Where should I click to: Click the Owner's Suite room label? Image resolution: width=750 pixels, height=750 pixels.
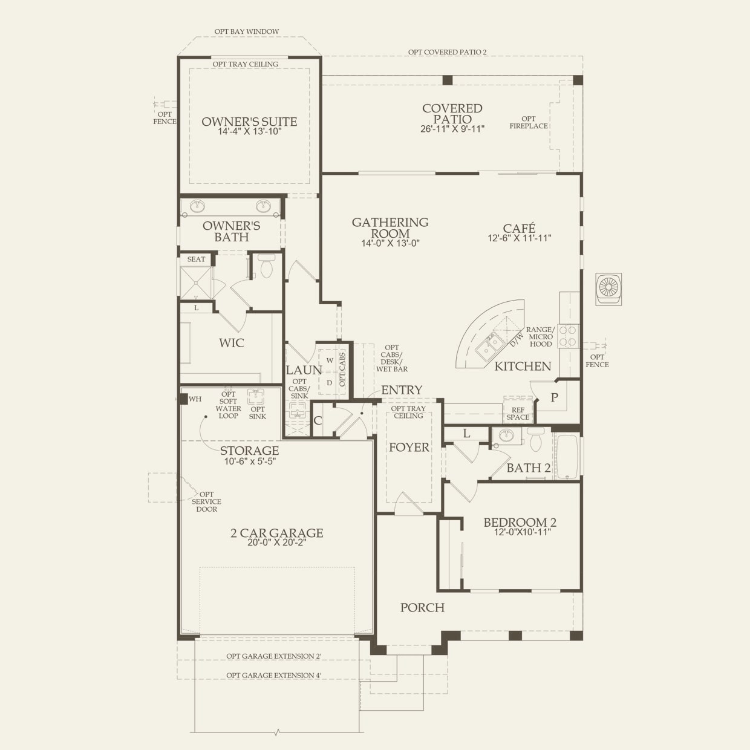(x=249, y=122)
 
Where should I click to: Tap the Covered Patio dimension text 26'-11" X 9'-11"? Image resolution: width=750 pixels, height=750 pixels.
(x=452, y=129)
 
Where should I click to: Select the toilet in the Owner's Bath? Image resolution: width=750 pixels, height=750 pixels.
(x=266, y=267)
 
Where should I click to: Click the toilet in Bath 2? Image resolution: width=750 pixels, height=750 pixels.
(x=536, y=440)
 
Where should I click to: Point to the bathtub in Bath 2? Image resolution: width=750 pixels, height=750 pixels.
(x=568, y=456)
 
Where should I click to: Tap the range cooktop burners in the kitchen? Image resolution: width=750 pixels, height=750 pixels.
(x=568, y=336)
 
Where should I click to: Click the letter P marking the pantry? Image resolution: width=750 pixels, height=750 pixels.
(x=554, y=397)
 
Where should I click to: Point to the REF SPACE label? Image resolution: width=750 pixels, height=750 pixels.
(x=518, y=414)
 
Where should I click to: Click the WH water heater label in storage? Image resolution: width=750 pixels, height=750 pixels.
(x=195, y=399)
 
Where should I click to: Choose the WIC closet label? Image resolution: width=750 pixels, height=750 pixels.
(x=232, y=343)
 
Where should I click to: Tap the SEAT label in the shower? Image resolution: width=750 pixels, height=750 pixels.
(x=196, y=259)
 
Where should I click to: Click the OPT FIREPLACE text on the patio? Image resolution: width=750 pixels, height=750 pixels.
(x=529, y=122)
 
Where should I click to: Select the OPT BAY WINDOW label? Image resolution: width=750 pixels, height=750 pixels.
(x=247, y=31)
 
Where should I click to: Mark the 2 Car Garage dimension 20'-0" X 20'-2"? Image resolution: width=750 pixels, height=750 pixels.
(x=277, y=543)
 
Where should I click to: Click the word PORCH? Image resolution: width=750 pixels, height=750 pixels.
(x=422, y=607)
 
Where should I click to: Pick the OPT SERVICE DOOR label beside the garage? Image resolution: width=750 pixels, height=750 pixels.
(x=206, y=501)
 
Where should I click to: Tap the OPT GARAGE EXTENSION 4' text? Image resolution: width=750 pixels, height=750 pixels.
(x=273, y=676)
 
